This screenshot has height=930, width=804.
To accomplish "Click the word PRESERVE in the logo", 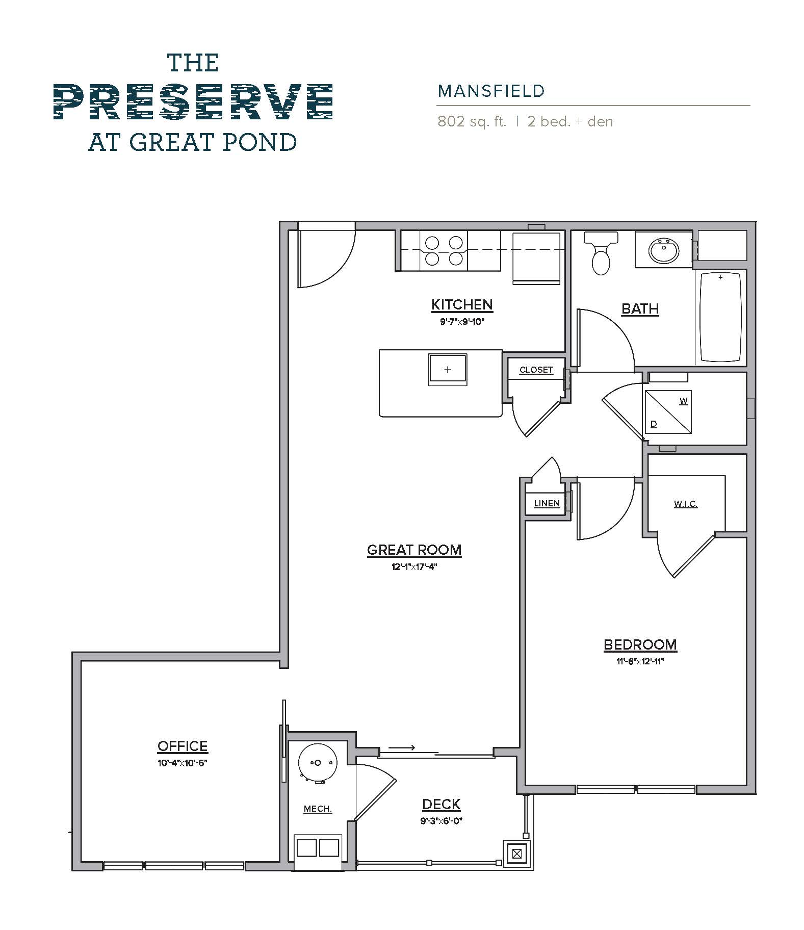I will pyautogui.click(x=193, y=102).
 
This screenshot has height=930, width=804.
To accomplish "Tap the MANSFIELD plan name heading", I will pyautogui.click(x=491, y=91).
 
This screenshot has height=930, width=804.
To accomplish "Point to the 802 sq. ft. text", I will pyautogui.click(x=472, y=122).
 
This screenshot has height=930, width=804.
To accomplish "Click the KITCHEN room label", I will pyautogui.click(x=462, y=304).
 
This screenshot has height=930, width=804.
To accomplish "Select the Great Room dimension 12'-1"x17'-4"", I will pyautogui.click(x=414, y=566).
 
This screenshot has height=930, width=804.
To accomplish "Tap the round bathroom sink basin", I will pyautogui.click(x=663, y=250).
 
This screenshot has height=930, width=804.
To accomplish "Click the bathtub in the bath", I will pyautogui.click(x=720, y=317).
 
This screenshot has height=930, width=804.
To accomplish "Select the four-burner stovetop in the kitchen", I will pyautogui.click(x=444, y=251).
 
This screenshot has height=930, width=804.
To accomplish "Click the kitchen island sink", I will pyautogui.click(x=448, y=370).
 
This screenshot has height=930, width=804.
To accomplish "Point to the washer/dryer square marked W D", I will pyautogui.click(x=668, y=412).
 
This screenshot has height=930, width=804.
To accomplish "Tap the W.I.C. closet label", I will pyautogui.click(x=685, y=504).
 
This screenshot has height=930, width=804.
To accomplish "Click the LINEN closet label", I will pyautogui.click(x=547, y=503).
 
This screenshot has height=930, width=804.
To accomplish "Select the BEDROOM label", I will pyautogui.click(x=640, y=644).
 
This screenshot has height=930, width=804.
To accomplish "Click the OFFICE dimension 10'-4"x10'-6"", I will pyautogui.click(x=182, y=763).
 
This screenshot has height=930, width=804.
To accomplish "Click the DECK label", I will pyautogui.click(x=441, y=804).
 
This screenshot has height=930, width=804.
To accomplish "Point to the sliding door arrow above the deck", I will pyautogui.click(x=402, y=748).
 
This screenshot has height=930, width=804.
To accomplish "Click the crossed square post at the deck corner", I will pyautogui.click(x=517, y=853).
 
